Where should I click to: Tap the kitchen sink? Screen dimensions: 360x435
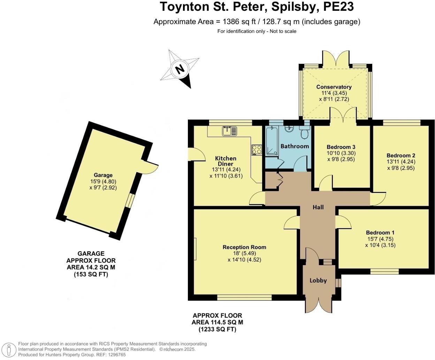coord(229,131)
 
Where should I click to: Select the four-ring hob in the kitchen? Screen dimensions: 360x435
coord(257,150)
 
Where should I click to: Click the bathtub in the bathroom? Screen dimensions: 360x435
coord(272,141)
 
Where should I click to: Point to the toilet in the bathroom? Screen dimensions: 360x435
coord(304,133)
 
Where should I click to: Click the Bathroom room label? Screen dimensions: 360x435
coord(295,146)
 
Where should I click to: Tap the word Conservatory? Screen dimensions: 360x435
coord(334,87)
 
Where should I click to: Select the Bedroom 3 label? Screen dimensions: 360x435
coord(341,147)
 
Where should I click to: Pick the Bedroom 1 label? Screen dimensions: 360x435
coord(380,233)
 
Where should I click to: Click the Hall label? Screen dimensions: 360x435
coord(318,207)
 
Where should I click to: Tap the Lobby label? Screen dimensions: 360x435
coord(318,280)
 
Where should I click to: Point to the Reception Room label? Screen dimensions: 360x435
coord(244,247)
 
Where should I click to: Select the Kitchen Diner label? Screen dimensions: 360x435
coord(226,161)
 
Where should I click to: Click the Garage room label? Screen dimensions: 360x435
coord(103,175)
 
